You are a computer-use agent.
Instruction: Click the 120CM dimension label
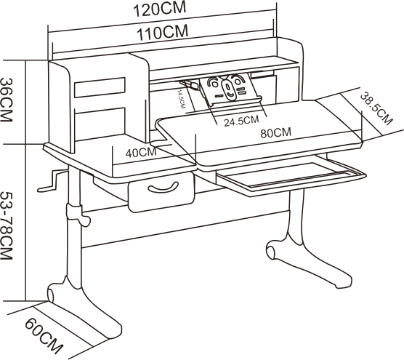[159, 9]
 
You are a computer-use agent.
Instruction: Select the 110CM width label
[162, 33]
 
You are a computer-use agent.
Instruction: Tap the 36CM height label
[7, 100]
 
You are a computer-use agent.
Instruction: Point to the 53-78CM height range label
[7, 225]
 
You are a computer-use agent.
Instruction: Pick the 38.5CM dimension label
[376, 108]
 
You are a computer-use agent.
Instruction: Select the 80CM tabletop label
[275, 133]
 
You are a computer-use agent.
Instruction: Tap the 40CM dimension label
[141, 153]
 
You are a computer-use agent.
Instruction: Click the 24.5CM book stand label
[241, 121]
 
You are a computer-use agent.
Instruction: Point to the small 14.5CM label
[181, 99]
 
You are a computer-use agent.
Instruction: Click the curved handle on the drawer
[163, 187]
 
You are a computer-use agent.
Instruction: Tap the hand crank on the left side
[53, 181]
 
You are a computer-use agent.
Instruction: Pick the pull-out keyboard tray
[291, 176]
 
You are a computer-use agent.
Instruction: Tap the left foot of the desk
[85, 307]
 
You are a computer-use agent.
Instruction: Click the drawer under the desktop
[161, 192]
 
